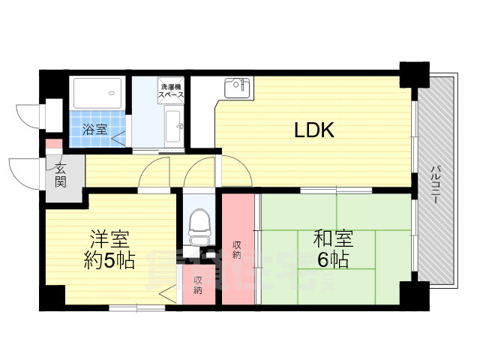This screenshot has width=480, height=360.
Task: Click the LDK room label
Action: (x=313, y=130)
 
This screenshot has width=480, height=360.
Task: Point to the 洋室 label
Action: (x=109, y=241)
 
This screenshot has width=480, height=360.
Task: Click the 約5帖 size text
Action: (x=109, y=261)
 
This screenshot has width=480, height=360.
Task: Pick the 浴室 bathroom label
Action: (x=94, y=129)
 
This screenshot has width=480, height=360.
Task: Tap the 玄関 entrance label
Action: (x=60, y=175)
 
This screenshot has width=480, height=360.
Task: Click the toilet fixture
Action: (x=198, y=225)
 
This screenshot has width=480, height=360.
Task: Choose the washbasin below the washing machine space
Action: (x=172, y=122)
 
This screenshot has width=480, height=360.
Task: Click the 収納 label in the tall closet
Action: (x=237, y=249)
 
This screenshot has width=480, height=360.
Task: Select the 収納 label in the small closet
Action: (x=198, y=284)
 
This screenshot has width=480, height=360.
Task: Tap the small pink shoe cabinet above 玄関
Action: (x=53, y=144)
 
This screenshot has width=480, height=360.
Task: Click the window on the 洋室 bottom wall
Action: (x=136, y=307)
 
